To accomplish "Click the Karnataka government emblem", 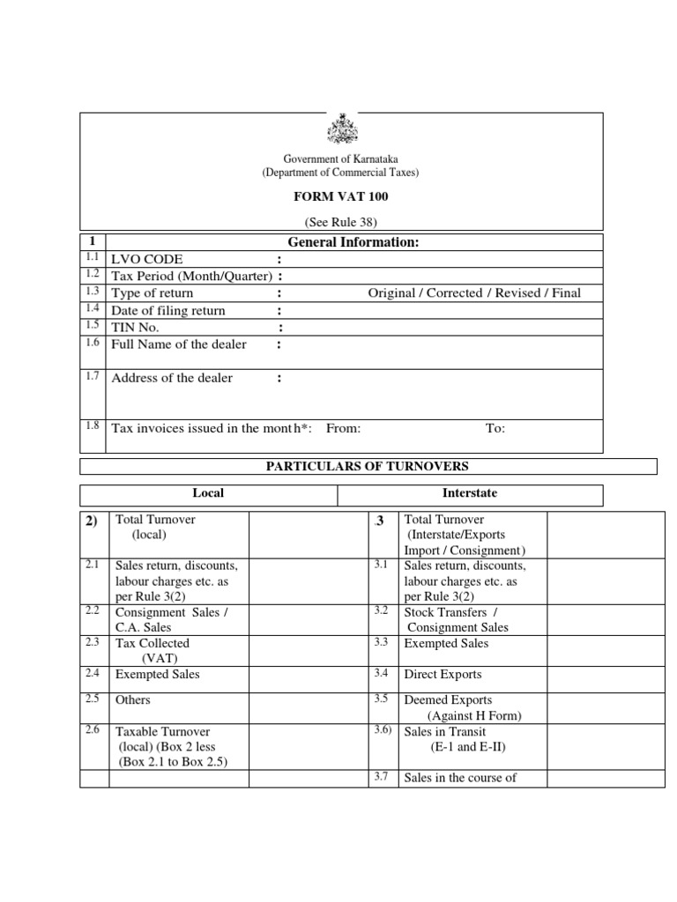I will coord(341,129).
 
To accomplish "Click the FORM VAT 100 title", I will coord(341,196).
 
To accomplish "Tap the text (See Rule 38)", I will coord(341,222).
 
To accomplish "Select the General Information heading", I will coord(350,242).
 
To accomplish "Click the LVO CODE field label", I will coord(147,260).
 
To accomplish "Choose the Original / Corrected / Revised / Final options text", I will coord(474,293).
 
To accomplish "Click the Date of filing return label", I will coord(167,311).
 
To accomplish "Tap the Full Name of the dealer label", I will coord(179,344).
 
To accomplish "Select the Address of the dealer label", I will coord(172,378).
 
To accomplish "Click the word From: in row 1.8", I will coord(344,428).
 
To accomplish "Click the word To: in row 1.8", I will coord(495,428).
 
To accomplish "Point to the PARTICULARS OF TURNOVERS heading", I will coord(368,466).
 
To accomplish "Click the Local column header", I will coord(208,493).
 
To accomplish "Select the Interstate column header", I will coord(469,493).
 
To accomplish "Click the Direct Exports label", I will coord(443,675).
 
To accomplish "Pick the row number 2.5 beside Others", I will coord(93,699).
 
